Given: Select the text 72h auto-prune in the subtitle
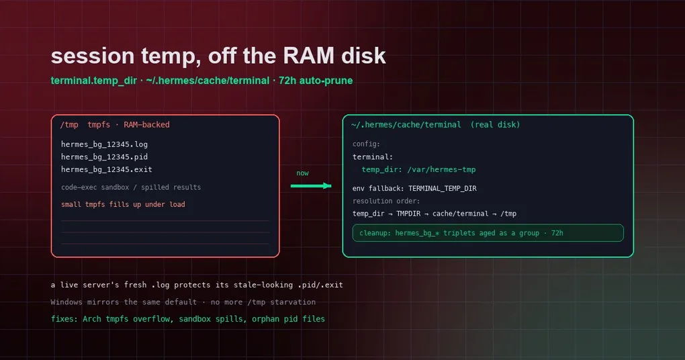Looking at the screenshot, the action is pyautogui.click(x=316, y=81).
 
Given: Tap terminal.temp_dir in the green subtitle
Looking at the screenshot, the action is pyautogui.click(x=93, y=81).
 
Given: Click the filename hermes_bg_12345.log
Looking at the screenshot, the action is pyautogui.click(x=104, y=144).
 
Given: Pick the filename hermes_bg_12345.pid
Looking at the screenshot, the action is pyautogui.click(x=104, y=157).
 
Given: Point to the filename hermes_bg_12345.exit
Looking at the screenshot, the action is pyautogui.click(x=107, y=169).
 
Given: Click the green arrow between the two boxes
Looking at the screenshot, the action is pyautogui.click(x=311, y=185).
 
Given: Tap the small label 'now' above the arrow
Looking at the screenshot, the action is pyautogui.click(x=302, y=173).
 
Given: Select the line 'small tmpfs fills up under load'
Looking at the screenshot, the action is pyautogui.click(x=123, y=204).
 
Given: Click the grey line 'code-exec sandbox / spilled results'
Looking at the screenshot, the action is pyautogui.click(x=131, y=187).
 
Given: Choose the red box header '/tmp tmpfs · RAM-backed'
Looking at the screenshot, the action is pyautogui.click(x=115, y=125).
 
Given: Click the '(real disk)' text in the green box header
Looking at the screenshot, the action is pyautogui.click(x=496, y=125).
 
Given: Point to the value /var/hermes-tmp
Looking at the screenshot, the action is pyautogui.click(x=442, y=169).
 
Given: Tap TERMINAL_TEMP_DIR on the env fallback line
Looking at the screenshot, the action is pyautogui.click(x=443, y=189).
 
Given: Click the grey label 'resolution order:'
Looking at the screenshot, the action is pyautogui.click(x=386, y=201).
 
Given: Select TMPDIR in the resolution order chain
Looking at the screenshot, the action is pyautogui.click(x=408, y=214).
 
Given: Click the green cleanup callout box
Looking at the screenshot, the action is pyautogui.click(x=488, y=233).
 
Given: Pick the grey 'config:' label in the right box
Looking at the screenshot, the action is pyautogui.click(x=366, y=144).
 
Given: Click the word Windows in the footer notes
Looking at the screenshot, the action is pyautogui.click(x=66, y=302).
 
